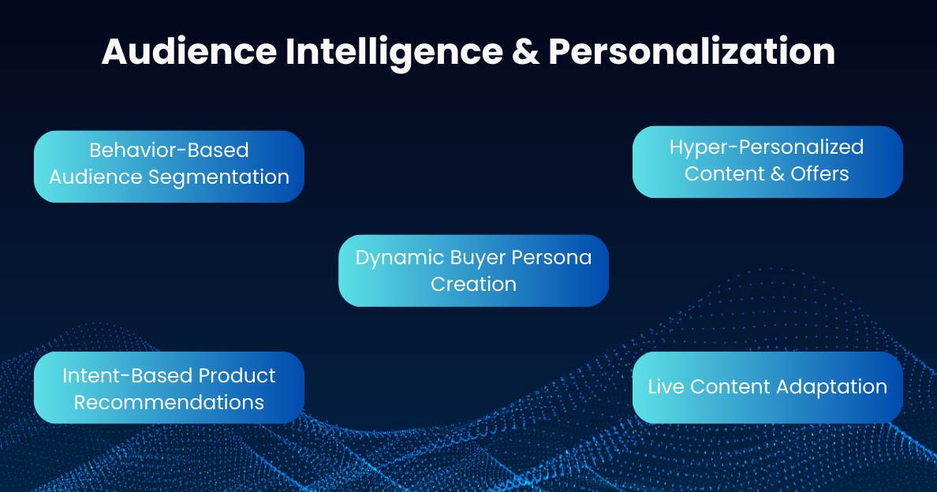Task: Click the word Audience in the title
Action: (x=189, y=52)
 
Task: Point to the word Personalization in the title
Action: (x=692, y=52)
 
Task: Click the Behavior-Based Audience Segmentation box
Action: (x=169, y=166)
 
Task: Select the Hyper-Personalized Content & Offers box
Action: (x=767, y=162)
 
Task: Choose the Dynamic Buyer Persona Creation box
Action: (x=473, y=270)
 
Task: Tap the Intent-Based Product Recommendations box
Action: (x=169, y=388)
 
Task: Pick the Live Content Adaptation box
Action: (x=767, y=387)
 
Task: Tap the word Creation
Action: (x=473, y=284)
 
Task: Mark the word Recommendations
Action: (x=169, y=402)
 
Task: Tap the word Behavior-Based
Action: (x=169, y=151)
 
